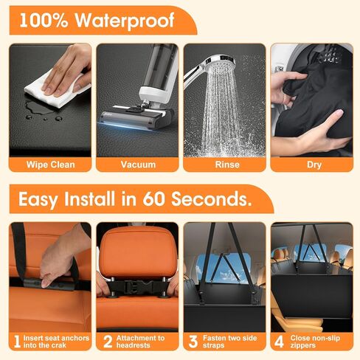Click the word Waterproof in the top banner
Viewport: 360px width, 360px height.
[125, 21]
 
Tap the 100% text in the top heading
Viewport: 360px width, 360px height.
[44, 20]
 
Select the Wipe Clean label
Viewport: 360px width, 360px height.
[50, 165]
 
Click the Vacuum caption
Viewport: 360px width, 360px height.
[138, 165]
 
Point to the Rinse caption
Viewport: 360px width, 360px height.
[227, 165]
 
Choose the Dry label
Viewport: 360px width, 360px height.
[314, 165]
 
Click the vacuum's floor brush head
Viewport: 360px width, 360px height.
[136, 117]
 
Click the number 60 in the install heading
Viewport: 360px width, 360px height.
[153, 198]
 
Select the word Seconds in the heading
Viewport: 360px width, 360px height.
[211, 198]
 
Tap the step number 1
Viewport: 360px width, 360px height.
[17, 342]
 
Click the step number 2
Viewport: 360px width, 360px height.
[108, 342]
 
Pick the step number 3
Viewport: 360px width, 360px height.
[193, 342]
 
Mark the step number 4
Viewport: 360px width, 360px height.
[279, 342]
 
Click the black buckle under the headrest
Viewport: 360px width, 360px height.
[137, 287]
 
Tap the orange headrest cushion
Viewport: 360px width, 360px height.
[137, 253]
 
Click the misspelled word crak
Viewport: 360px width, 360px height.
[58, 345]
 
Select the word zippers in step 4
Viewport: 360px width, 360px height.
[302, 345]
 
